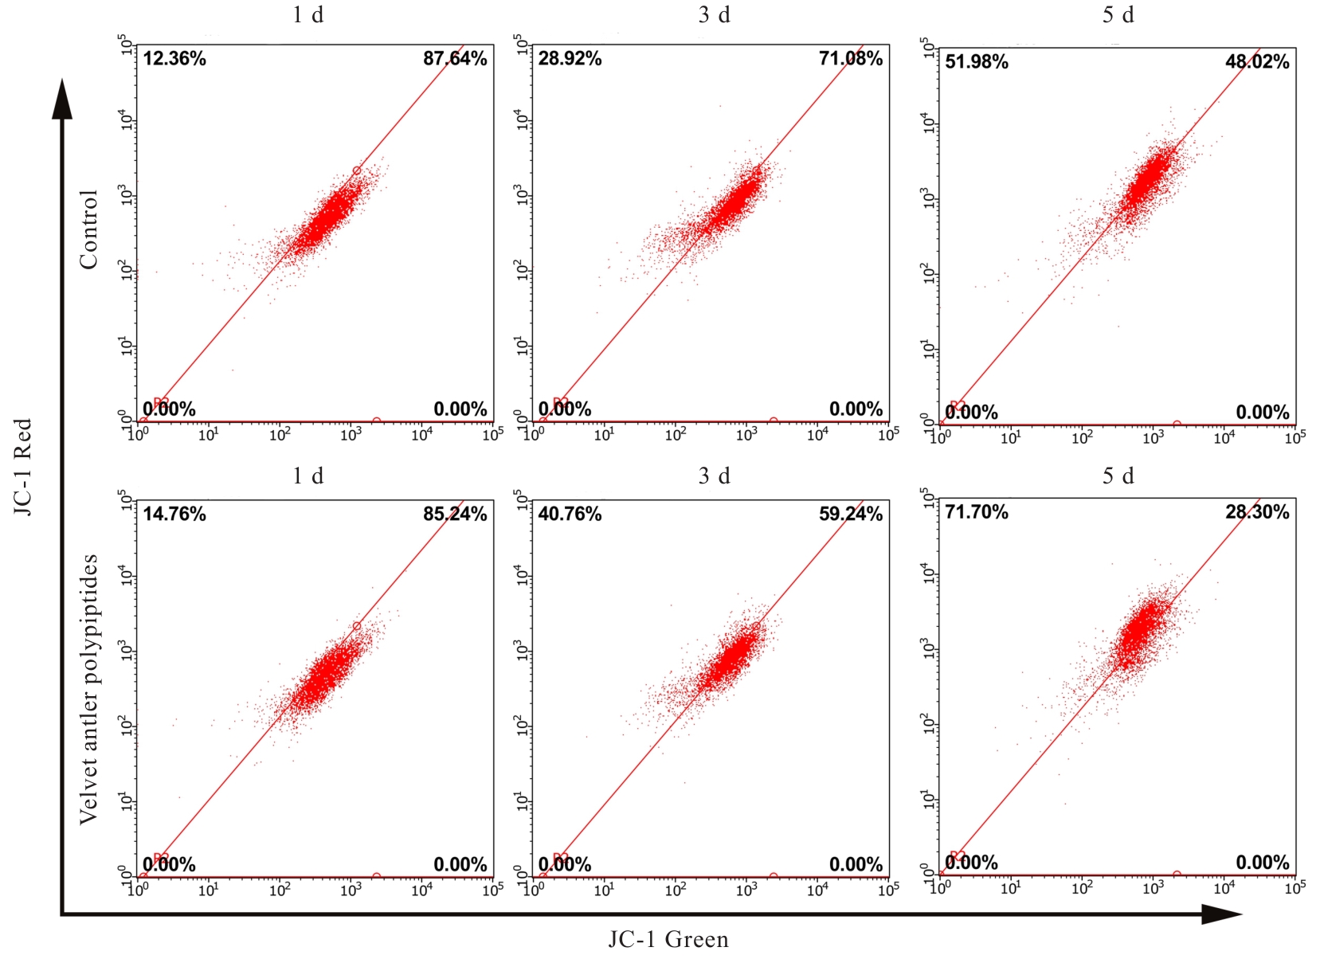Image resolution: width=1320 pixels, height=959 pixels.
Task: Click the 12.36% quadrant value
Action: tap(174, 58)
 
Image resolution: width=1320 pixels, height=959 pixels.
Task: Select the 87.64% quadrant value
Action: tap(454, 58)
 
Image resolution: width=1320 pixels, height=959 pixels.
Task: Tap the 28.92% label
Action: tap(570, 58)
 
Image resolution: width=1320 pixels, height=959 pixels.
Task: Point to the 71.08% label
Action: tap(850, 58)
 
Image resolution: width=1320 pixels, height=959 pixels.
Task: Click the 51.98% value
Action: tap(977, 61)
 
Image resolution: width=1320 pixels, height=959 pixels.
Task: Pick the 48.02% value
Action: tap(1256, 61)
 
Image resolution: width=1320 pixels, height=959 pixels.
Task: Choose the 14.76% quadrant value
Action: tap(174, 514)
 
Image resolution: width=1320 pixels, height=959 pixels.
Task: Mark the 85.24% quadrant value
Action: tap(454, 514)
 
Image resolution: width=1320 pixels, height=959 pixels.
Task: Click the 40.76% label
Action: tap(570, 514)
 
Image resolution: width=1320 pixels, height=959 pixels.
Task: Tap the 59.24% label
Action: tap(850, 514)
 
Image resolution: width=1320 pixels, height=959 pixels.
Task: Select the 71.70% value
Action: tap(977, 511)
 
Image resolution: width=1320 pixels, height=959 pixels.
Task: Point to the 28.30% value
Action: tap(1256, 511)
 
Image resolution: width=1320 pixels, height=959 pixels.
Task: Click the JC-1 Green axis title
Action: tap(668, 940)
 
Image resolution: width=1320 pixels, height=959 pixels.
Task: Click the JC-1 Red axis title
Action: tap(23, 467)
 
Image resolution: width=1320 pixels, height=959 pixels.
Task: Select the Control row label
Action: tap(88, 229)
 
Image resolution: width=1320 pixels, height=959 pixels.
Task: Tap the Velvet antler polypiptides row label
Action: tap(88, 689)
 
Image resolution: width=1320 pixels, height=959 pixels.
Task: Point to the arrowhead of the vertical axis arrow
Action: tap(62, 100)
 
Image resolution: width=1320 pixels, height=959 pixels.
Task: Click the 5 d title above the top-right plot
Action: tap(1118, 15)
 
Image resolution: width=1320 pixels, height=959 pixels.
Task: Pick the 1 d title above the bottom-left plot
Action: tap(307, 476)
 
